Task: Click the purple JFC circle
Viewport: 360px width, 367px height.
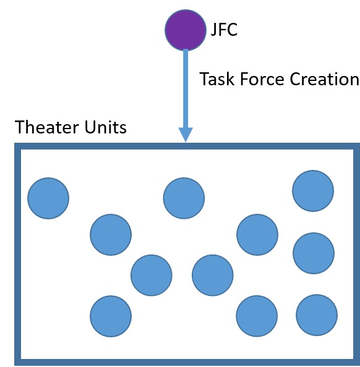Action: [185, 28]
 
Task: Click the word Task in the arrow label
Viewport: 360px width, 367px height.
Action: [215, 80]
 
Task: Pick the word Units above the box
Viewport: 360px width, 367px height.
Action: [107, 128]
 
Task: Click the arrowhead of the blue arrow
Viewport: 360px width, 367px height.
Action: [186, 134]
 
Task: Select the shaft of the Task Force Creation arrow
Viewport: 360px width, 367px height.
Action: [186, 86]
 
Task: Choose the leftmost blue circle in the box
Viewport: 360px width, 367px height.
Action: [48, 198]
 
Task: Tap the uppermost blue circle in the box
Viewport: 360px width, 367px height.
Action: [313, 190]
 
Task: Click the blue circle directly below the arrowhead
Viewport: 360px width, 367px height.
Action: [184, 198]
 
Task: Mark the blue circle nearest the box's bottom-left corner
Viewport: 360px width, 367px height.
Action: [111, 316]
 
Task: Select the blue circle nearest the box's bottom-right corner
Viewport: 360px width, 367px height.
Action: [317, 314]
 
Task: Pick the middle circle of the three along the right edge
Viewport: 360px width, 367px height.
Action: [314, 253]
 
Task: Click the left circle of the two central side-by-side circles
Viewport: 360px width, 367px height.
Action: [152, 274]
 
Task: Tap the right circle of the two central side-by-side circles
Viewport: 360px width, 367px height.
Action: [213, 274]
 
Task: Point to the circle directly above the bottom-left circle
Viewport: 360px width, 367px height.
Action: [111, 234]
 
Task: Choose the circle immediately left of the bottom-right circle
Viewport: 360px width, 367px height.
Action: [257, 316]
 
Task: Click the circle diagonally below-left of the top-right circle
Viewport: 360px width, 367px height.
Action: [258, 234]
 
